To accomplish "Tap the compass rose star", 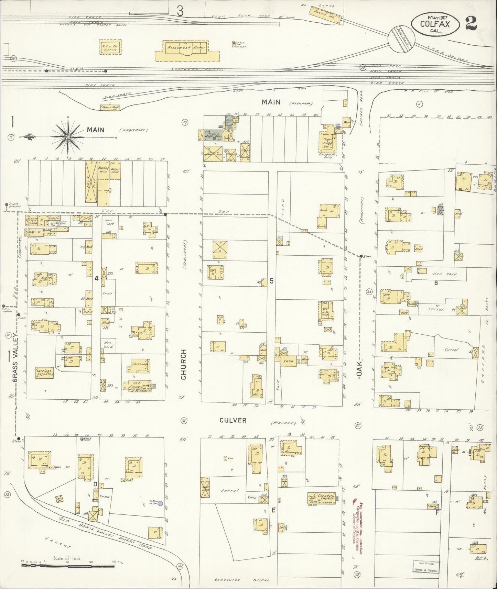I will click(68, 137).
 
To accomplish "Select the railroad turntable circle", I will click(401, 40).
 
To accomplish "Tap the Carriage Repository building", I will click(44, 373).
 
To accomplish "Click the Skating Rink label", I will click(104, 169).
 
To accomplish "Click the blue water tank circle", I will click(160, 503).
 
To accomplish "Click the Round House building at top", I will click(326, 15).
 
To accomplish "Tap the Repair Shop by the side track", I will click(110, 108).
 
